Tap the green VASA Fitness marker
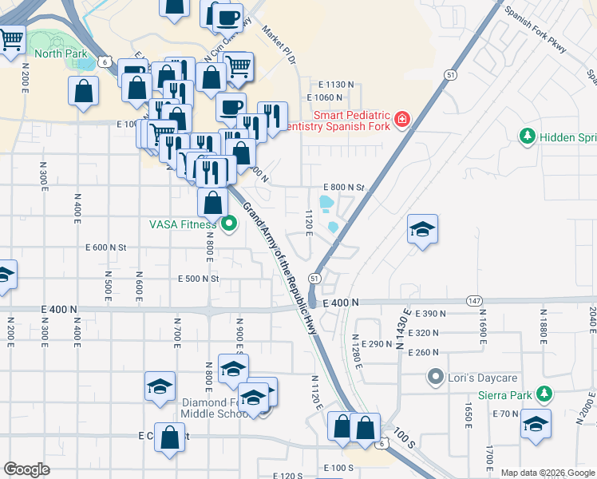tap(230, 224)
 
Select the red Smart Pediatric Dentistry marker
tap(402, 121)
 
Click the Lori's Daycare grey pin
tap(435, 375)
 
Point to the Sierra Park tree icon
tap(544, 393)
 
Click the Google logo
tap(26, 469)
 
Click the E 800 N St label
tap(342, 187)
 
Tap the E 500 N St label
tap(198, 279)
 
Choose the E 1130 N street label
tap(335, 84)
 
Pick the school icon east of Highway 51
tap(422, 230)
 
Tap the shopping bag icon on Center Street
tap(170, 437)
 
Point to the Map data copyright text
tap(548, 473)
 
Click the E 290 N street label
tap(377, 343)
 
